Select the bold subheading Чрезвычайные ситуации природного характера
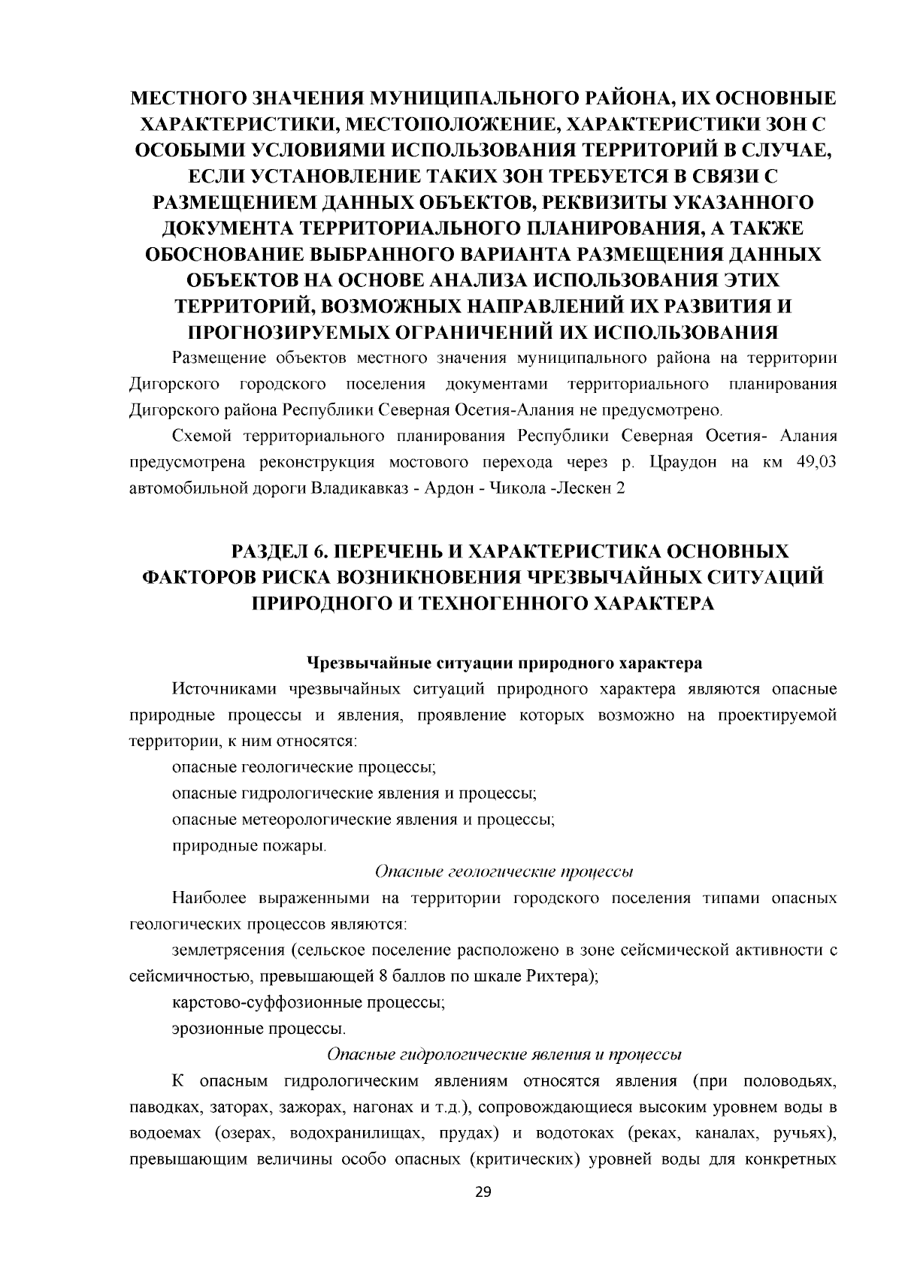[x=504, y=663]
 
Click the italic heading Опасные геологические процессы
[x=504, y=872]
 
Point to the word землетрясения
[x=225, y=950]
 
